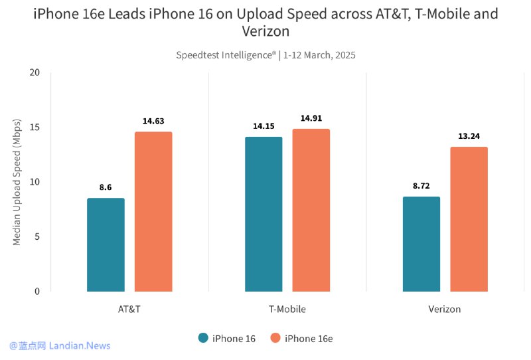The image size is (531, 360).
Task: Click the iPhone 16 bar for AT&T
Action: point(106,244)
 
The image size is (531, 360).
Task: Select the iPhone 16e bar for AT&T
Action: point(153,211)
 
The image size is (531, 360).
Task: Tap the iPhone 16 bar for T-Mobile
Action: point(264,214)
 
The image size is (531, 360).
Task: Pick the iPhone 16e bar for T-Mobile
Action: point(311,210)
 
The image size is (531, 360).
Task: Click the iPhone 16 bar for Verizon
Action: point(421,244)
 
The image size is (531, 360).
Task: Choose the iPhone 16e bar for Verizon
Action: point(469,219)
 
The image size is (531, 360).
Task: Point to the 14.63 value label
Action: point(153,122)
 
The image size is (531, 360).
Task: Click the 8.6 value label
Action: point(106,187)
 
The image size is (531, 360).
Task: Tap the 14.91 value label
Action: point(311,118)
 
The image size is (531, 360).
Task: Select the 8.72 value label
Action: point(421,186)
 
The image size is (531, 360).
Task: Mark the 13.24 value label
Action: point(469,136)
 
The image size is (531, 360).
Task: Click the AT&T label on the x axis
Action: point(129,310)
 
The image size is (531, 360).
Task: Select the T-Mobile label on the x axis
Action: point(287,310)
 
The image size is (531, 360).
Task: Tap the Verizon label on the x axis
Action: point(445,310)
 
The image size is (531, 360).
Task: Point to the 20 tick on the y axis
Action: point(35,72)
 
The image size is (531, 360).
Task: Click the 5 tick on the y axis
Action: point(37,236)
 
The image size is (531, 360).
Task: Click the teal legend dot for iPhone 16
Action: point(204,338)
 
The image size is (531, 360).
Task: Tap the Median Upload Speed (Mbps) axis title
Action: point(17,182)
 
